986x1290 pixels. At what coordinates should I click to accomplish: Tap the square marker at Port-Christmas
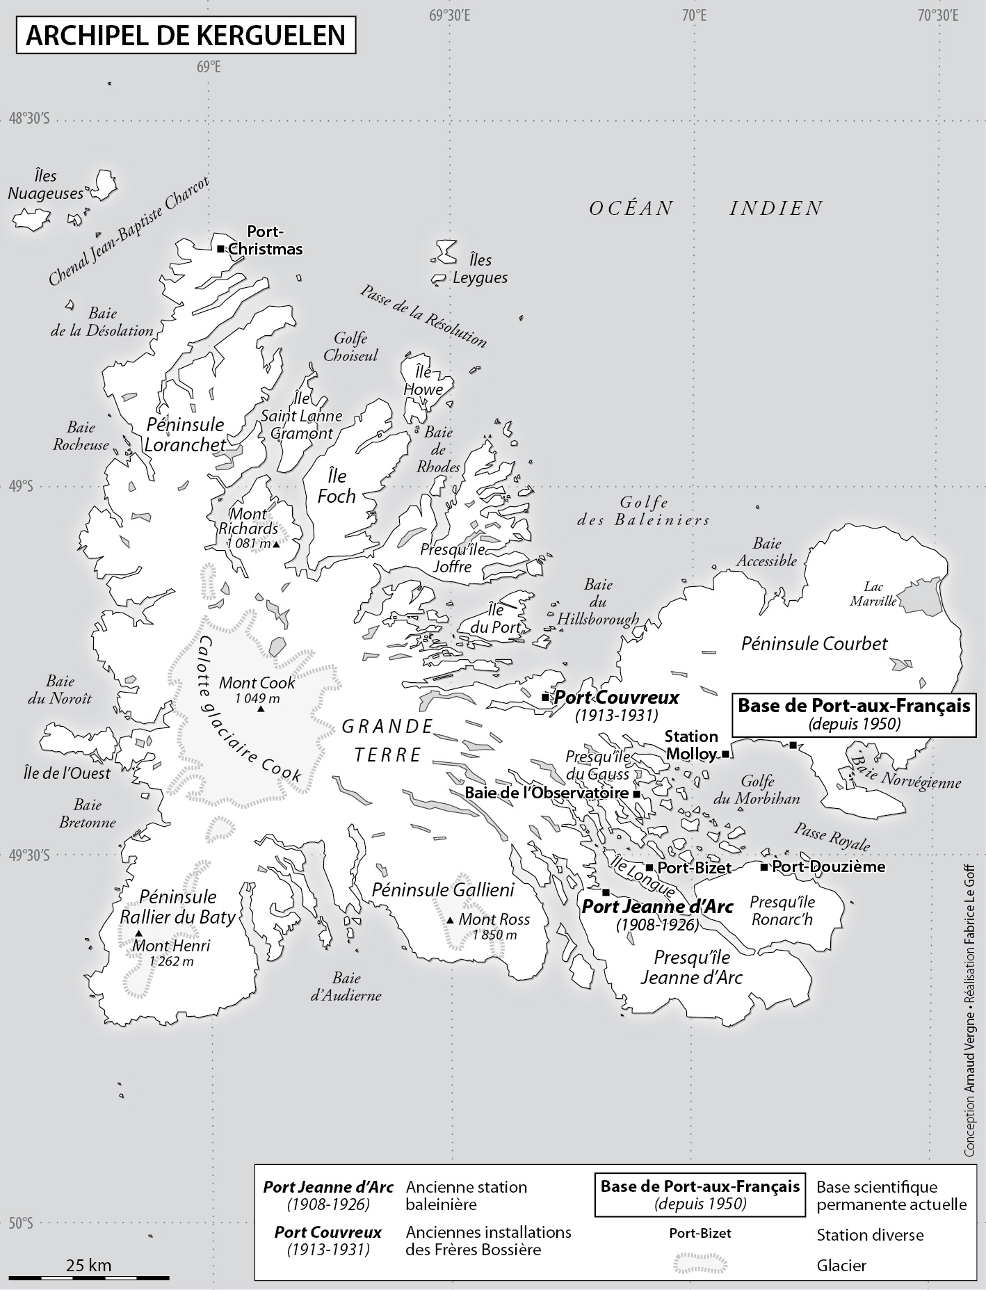coord(220,249)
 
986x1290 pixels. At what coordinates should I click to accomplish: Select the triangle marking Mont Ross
coord(451,921)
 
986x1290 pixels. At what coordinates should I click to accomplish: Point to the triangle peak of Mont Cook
coord(261,709)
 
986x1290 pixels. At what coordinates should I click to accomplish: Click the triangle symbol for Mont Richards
coord(277,545)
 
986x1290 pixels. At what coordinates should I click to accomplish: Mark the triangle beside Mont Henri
coord(139,933)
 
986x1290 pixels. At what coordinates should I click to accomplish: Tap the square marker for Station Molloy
coord(725,754)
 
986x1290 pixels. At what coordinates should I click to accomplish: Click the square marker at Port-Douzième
coord(763,867)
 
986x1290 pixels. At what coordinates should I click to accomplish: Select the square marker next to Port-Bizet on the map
coord(649,867)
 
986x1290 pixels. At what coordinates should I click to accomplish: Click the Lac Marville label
coord(873,594)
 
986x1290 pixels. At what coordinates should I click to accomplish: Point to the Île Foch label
coord(337,486)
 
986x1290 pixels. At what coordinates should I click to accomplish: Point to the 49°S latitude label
coord(21,487)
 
